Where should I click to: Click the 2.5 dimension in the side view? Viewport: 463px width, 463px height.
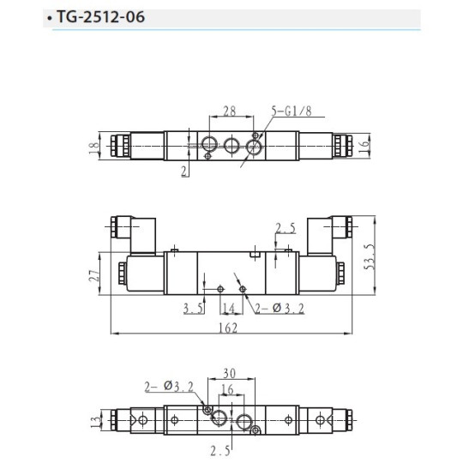point(286,228)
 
